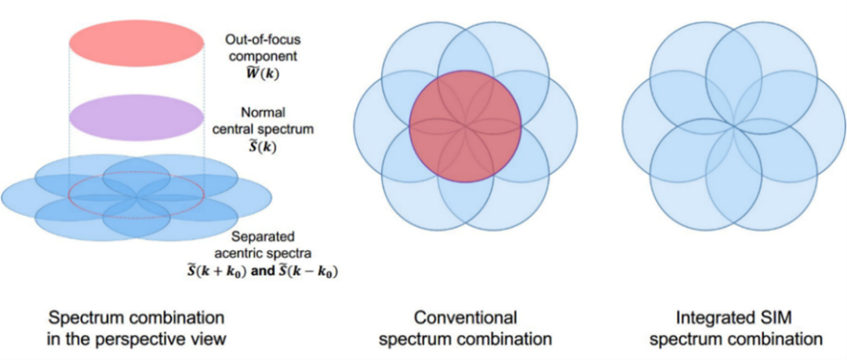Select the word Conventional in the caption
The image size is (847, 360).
coord(465,318)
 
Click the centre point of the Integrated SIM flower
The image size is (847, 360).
coord(733,125)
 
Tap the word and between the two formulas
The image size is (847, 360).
coord(261,271)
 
